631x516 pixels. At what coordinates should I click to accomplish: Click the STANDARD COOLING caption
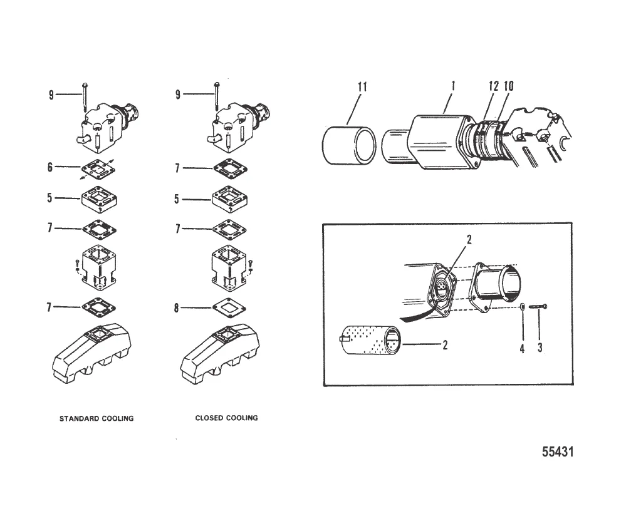[96, 418]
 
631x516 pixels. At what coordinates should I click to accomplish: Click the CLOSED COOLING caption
[226, 418]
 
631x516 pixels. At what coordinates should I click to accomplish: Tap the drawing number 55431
[557, 452]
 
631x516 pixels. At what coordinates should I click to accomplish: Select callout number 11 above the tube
[362, 87]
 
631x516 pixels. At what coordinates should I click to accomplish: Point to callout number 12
[494, 86]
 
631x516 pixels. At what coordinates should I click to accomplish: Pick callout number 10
[508, 86]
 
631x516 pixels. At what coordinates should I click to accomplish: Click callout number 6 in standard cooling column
[51, 167]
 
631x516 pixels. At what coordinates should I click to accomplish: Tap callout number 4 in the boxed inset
[522, 349]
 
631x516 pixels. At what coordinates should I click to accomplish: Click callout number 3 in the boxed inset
[540, 349]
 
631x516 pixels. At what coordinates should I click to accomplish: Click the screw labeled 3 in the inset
[538, 306]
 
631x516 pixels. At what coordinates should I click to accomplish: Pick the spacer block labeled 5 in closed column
[229, 200]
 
